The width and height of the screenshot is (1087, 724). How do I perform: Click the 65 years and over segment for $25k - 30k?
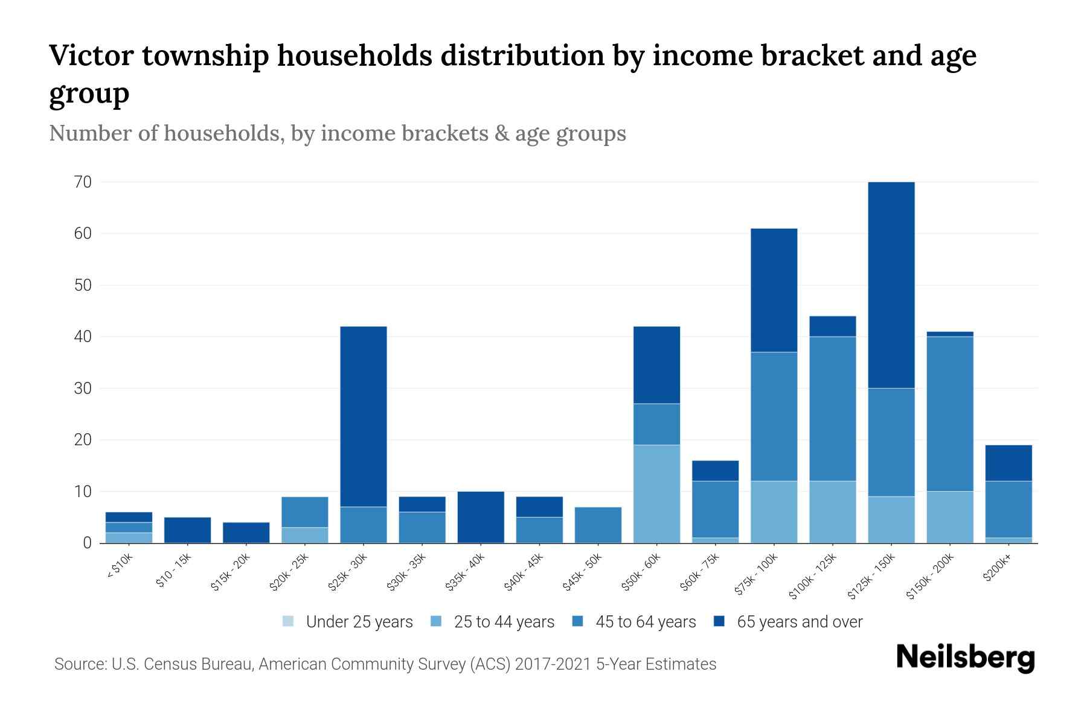364,416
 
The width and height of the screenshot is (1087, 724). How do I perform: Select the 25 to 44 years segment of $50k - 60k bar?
656,494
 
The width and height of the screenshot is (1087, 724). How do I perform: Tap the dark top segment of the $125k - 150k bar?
891,285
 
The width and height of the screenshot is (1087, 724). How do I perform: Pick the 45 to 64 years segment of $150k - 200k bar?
949,414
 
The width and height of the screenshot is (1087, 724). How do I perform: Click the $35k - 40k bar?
481,517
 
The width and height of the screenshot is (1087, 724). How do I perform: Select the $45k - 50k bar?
598,525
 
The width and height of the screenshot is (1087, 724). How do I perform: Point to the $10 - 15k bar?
187,530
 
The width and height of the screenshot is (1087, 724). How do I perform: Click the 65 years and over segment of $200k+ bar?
1008,463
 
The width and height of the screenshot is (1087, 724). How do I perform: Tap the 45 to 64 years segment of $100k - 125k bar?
832,408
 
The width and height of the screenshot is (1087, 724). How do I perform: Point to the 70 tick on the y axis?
83,182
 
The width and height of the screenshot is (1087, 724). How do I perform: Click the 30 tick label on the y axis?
83,389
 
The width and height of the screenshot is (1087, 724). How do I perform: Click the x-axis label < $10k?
120,567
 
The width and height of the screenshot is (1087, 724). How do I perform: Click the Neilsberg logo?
965,658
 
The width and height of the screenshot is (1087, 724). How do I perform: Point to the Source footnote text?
385,664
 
